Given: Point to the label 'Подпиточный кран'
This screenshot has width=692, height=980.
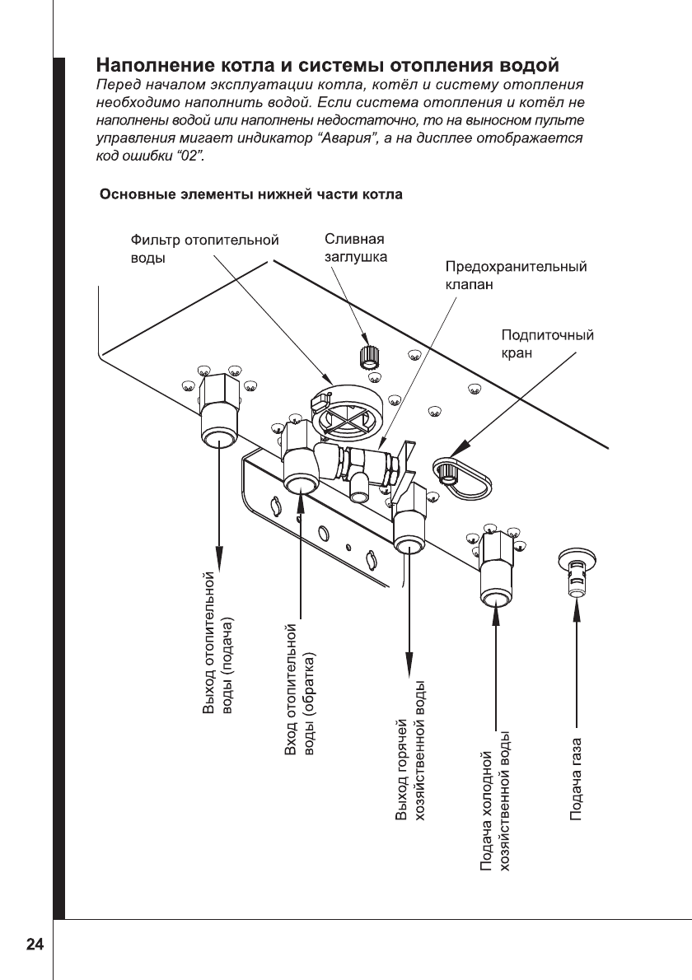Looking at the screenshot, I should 547,343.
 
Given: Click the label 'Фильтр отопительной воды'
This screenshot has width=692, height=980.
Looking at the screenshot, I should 204,249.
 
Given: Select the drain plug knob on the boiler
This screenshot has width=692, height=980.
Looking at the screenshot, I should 368,357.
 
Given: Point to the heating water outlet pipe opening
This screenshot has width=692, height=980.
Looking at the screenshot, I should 218,436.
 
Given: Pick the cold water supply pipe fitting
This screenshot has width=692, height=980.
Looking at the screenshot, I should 496,576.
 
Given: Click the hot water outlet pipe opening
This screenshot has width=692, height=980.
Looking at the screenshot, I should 409,544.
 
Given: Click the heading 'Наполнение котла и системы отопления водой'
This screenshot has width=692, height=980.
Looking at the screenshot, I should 329,64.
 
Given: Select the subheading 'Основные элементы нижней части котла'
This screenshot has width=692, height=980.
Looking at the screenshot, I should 250,195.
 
